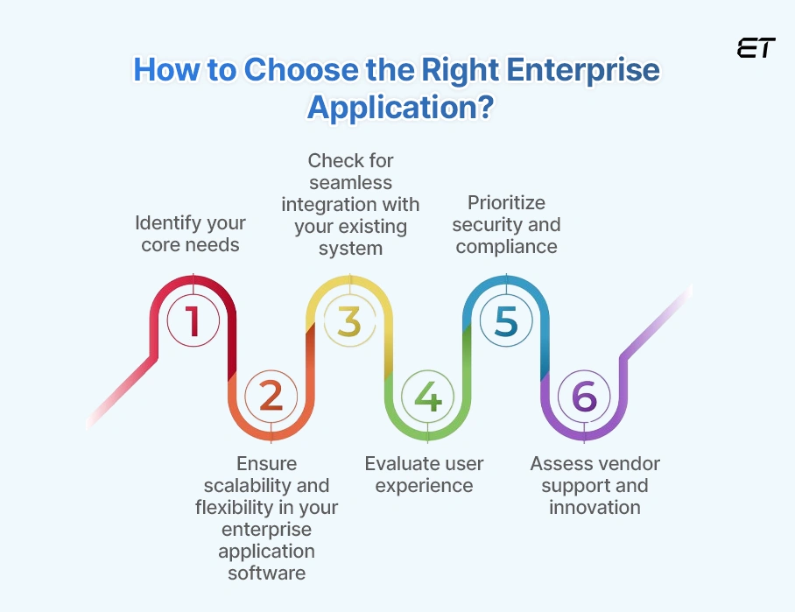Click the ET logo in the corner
[x=756, y=49]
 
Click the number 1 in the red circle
[x=193, y=320]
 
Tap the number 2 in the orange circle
[x=271, y=397]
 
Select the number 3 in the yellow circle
[x=349, y=320]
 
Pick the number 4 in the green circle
[x=427, y=397]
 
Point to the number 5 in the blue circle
[x=506, y=320]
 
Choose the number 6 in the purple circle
[x=584, y=397]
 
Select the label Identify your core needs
[x=190, y=234]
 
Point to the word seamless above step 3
[x=350, y=182]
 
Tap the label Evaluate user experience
[x=424, y=474]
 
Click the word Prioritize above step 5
[x=506, y=203]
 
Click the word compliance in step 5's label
[x=506, y=247]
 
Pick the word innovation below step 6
[x=594, y=507]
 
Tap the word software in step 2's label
[x=267, y=573]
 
